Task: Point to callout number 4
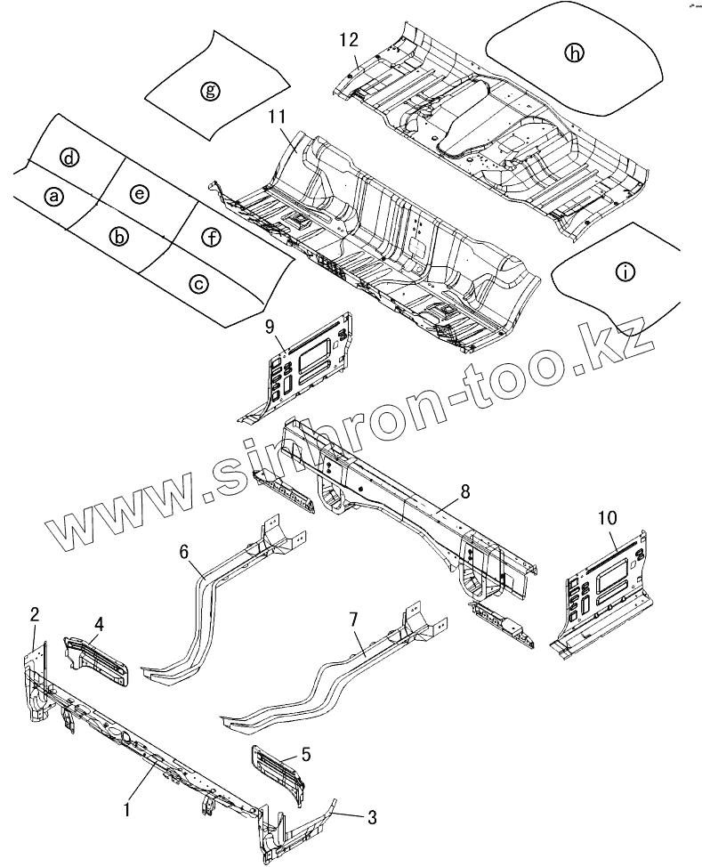[x=99, y=624]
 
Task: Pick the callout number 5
[x=306, y=755]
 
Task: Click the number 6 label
[x=184, y=552]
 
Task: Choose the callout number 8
[x=465, y=490]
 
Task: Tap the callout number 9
[x=270, y=328]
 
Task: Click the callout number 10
[x=606, y=517]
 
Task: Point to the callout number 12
[x=349, y=40]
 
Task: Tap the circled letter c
[x=198, y=283]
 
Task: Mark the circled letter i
[x=625, y=273]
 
